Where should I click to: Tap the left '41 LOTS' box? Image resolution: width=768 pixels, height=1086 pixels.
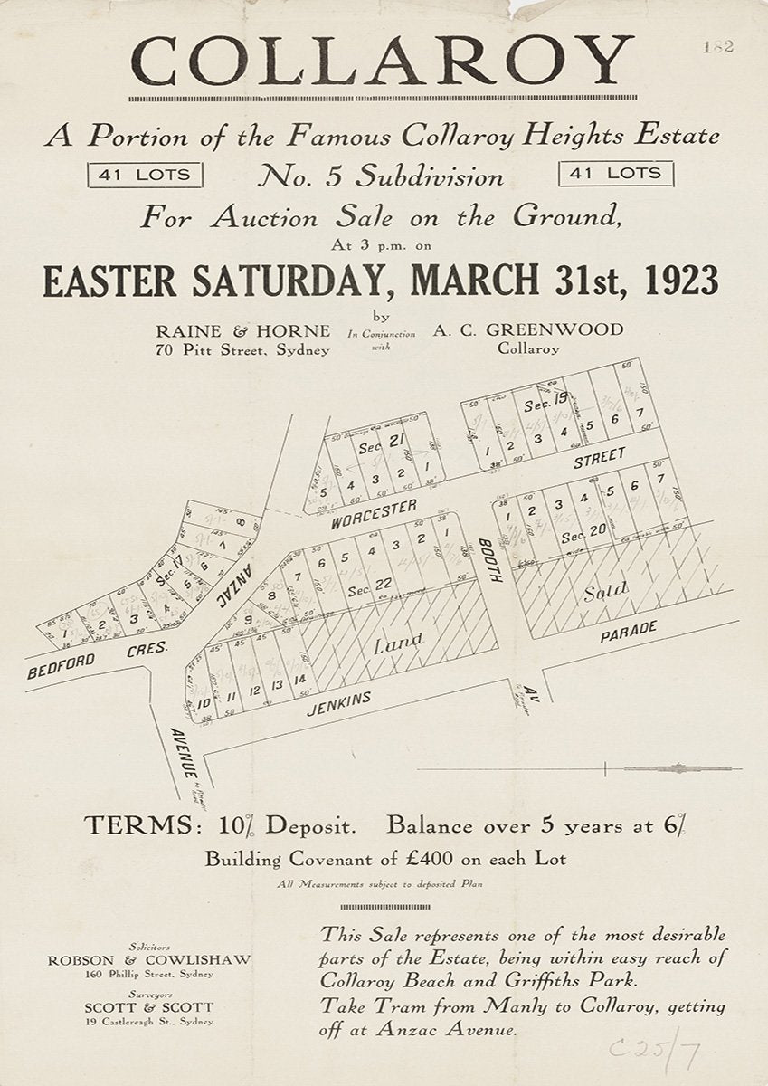click(x=145, y=174)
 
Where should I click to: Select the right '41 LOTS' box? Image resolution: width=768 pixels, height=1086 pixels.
click(x=616, y=173)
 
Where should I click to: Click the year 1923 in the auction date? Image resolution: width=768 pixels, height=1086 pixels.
click(x=672, y=281)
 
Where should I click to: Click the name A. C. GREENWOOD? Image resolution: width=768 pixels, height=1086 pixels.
click(x=528, y=329)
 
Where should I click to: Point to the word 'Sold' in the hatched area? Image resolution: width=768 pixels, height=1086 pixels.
click(x=604, y=594)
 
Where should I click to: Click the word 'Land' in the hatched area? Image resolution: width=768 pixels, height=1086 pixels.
click(x=398, y=643)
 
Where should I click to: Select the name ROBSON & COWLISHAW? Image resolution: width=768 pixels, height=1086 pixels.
click(x=149, y=960)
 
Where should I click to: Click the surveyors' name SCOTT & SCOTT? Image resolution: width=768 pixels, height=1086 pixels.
click(x=149, y=1007)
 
